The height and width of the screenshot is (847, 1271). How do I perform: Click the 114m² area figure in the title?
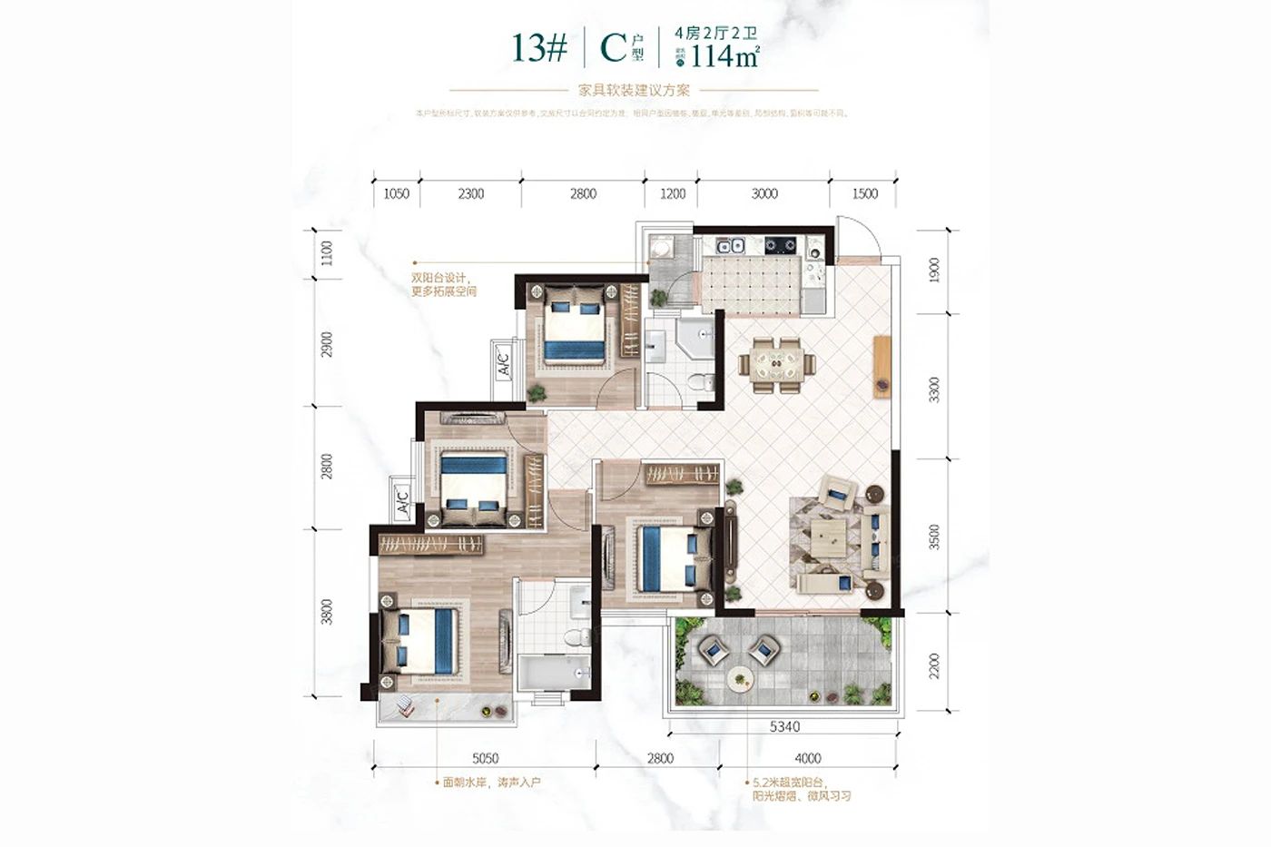724,57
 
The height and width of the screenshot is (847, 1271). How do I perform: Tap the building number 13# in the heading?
539,47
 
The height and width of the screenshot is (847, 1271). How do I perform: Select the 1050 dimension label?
397,193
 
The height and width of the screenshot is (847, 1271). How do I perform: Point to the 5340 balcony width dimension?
784,726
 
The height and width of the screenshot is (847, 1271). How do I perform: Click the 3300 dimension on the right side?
934,389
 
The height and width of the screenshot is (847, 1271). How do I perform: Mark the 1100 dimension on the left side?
327,253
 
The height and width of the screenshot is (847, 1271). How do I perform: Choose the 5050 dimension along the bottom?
485,758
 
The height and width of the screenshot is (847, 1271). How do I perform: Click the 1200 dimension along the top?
672,193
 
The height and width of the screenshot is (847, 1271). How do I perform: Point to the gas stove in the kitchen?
780,245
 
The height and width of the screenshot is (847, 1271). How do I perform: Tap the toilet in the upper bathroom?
700,383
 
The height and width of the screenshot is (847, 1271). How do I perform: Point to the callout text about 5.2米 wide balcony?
802,788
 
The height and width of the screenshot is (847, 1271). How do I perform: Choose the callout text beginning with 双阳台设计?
443,285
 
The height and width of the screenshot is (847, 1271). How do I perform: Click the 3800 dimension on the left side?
327,611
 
